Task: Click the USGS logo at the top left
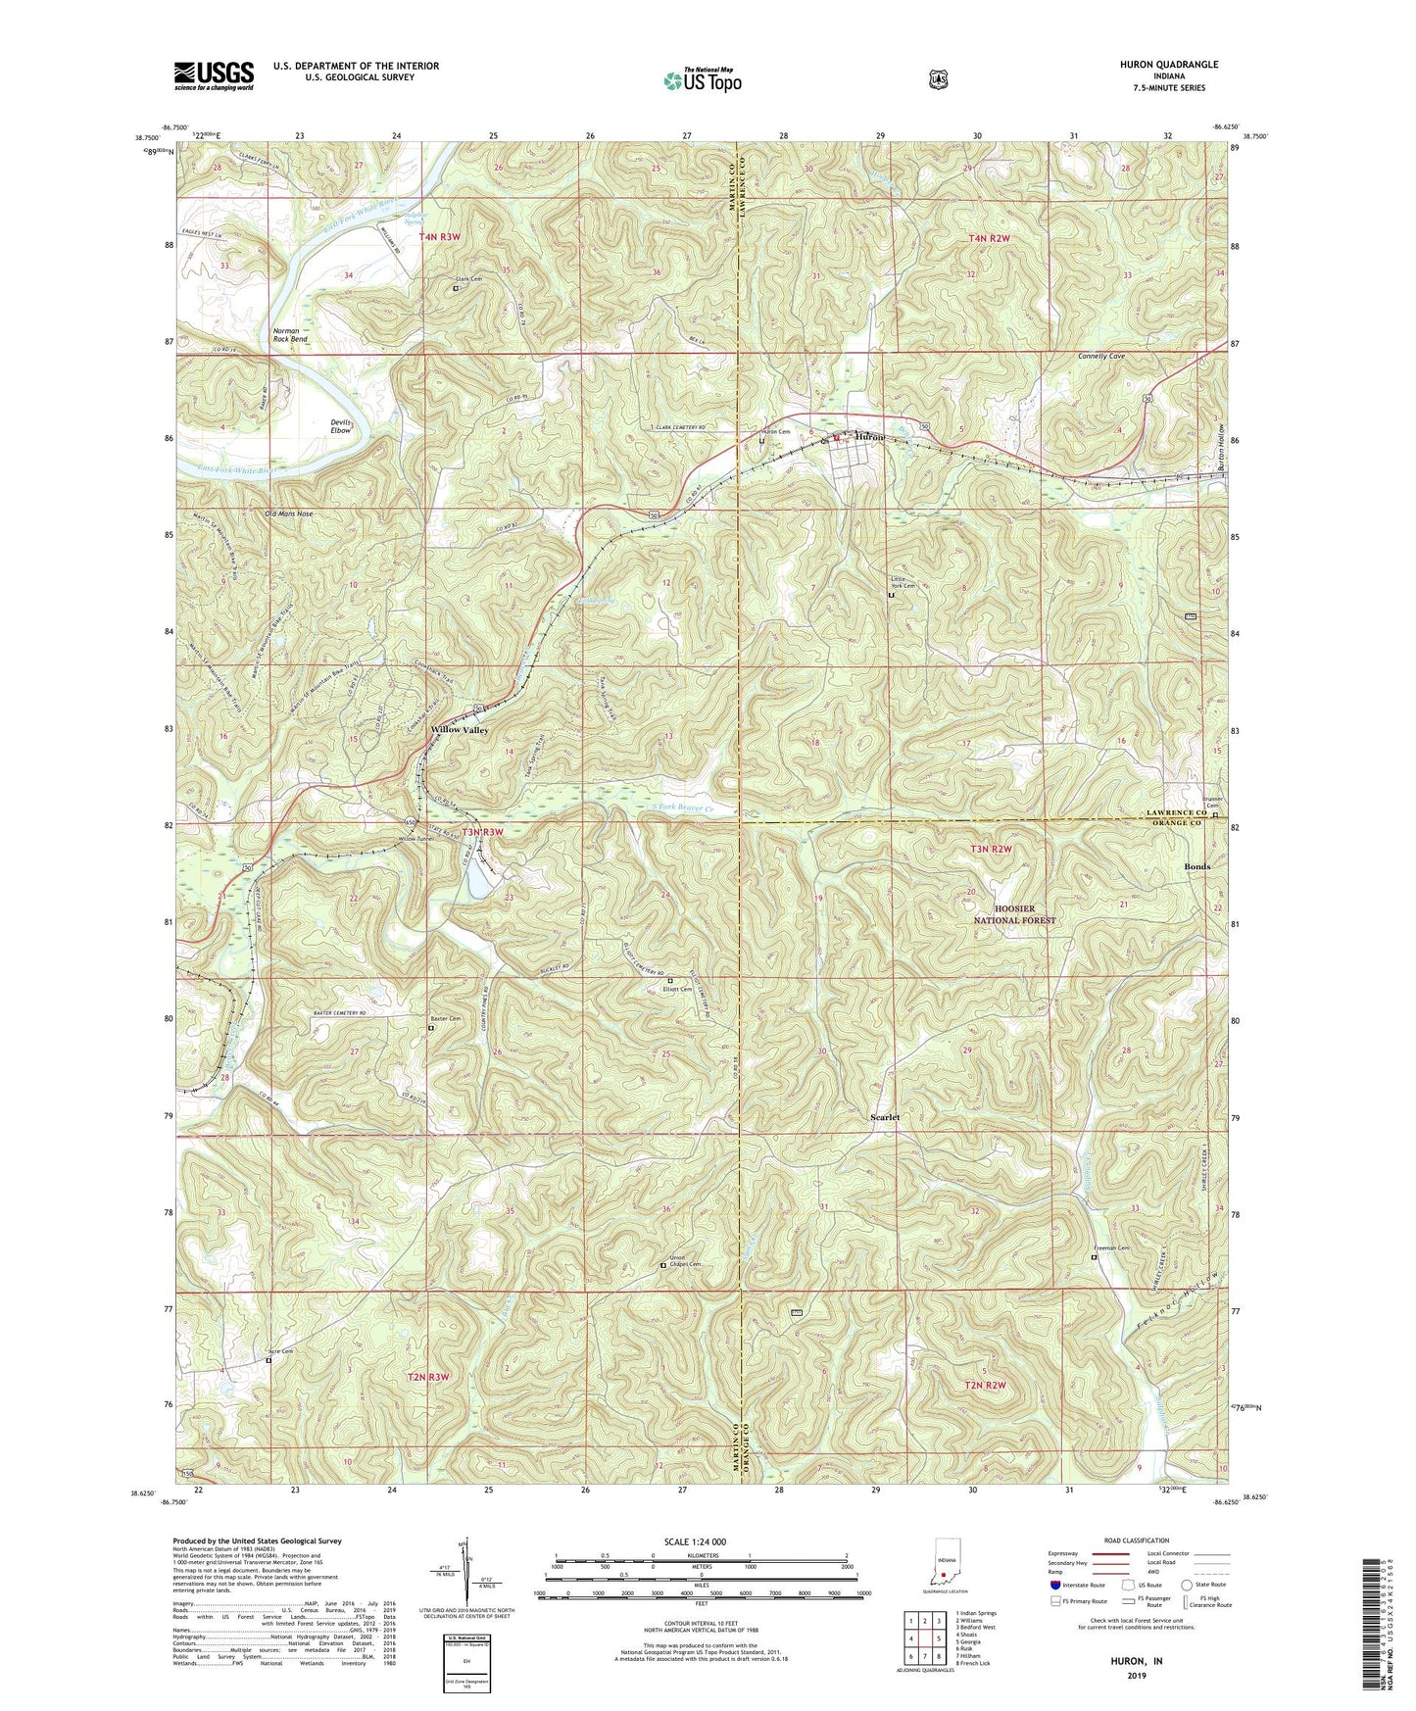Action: click(214, 75)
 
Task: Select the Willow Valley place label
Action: click(460, 730)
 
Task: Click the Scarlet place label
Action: click(885, 1117)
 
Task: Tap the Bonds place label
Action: click(1196, 867)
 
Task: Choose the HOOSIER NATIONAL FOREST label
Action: click(1014, 914)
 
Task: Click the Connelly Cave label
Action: click(1101, 357)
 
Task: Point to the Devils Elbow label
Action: click(341, 425)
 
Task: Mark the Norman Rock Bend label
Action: click(290, 335)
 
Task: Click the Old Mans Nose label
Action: click(289, 513)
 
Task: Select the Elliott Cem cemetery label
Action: click(677, 989)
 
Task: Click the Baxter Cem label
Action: click(447, 1019)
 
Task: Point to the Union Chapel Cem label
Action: click(686, 1262)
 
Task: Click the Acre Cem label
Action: click(283, 1351)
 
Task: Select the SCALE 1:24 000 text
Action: click(699, 1541)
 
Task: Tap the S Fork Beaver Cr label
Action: click(681, 808)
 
